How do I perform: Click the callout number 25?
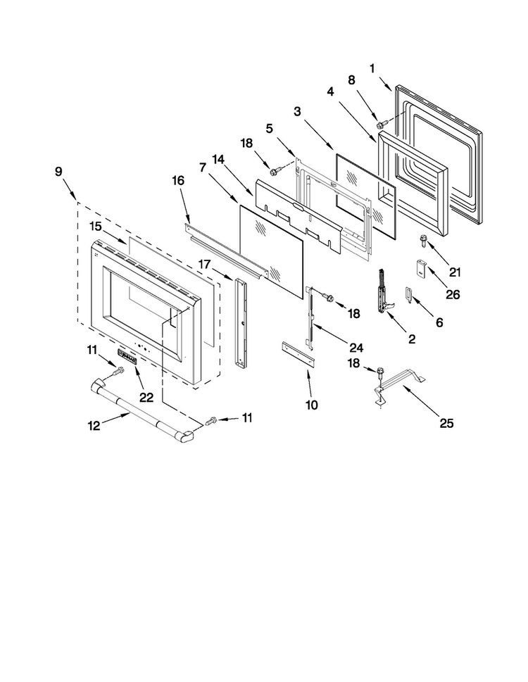pos(446,423)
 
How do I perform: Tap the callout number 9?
pos(58,171)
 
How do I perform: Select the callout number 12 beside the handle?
pos(94,425)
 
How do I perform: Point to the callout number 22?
pos(146,397)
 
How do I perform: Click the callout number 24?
pos(356,348)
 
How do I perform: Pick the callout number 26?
pos(453,294)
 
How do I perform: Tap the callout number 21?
pos(455,272)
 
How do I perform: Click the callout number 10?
pos(311,405)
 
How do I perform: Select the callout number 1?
pos(372,68)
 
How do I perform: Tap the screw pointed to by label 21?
pos(422,241)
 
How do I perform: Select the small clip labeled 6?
pos(408,294)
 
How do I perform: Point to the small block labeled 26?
pos(421,268)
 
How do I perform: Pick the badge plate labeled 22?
pos(127,356)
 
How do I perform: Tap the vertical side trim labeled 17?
pos(239,323)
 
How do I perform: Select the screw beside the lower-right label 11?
pos(211,421)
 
